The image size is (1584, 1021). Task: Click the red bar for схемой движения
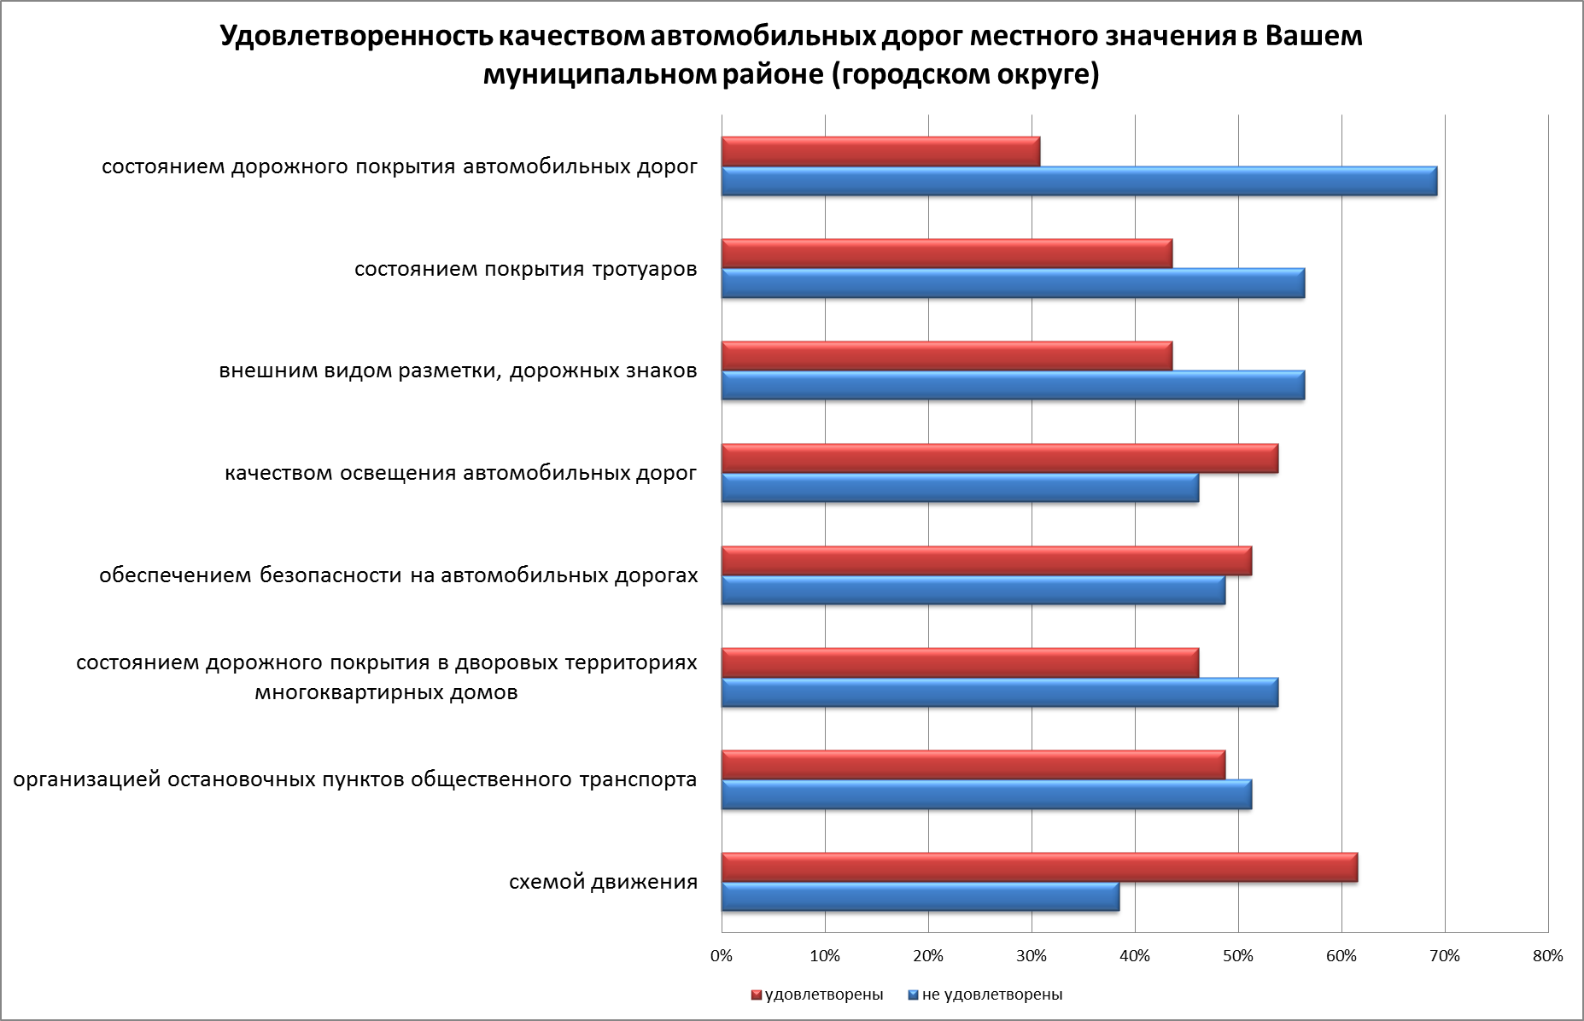click(1038, 867)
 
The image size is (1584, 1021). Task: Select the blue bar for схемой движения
click(920, 897)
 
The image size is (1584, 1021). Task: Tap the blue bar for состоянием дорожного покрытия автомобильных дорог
click(1078, 181)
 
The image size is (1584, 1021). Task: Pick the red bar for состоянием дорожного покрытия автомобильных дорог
click(880, 151)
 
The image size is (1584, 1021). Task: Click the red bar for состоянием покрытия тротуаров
click(946, 254)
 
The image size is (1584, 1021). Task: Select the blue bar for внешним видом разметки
click(1013, 385)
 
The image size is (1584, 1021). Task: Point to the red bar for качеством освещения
click(999, 458)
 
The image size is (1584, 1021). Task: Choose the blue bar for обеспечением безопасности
click(973, 590)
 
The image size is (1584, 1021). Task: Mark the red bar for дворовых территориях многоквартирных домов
click(960, 662)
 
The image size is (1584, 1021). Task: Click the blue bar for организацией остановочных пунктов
click(986, 794)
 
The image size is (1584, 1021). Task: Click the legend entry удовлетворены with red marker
click(817, 995)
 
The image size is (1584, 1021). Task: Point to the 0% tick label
click(722, 956)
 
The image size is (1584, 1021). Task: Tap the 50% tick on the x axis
click(1238, 956)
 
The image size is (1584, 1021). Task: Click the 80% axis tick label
click(1548, 956)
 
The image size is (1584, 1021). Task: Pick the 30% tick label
click(1032, 956)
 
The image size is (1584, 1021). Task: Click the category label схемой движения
click(603, 882)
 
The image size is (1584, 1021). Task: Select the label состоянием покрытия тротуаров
click(525, 270)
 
